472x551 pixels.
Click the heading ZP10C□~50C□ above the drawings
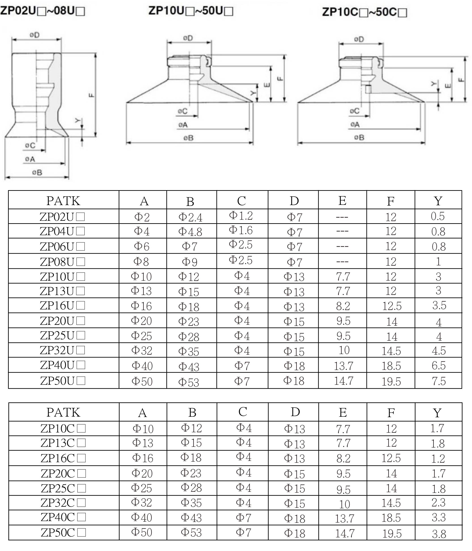click(364, 13)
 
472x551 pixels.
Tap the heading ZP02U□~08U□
click(42, 11)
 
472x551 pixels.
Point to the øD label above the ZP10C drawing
click(359, 39)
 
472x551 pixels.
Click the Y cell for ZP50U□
click(438, 381)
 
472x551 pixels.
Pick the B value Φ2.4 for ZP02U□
click(190, 217)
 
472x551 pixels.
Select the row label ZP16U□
click(63, 305)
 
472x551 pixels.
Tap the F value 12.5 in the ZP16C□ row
click(391, 458)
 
